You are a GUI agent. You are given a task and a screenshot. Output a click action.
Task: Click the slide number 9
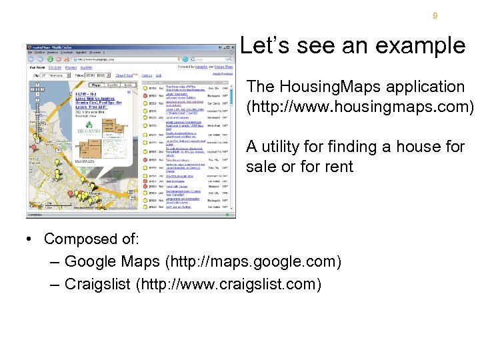435,15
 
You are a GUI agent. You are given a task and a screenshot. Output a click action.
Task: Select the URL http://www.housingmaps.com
360,107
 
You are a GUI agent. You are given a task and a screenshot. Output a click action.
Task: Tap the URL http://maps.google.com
253,261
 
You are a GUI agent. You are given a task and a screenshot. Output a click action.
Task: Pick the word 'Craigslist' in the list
97,284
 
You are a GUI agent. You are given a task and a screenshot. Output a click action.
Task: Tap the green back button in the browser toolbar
31,59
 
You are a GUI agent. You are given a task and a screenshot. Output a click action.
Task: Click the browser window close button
233,47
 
